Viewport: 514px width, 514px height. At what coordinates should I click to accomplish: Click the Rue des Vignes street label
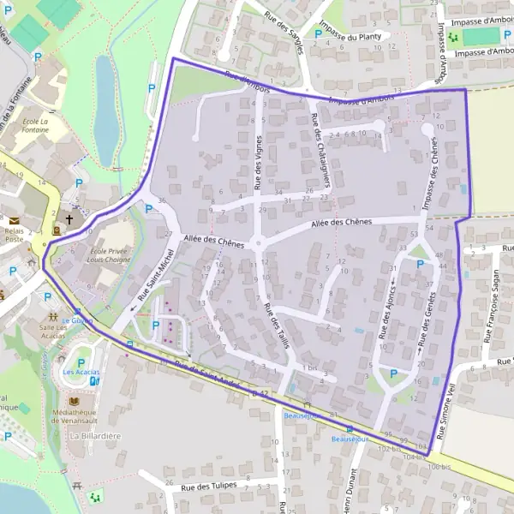[x=258, y=162]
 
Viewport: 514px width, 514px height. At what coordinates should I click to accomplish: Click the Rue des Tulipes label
[x=210, y=487]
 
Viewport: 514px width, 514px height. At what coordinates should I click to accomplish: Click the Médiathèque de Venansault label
[x=97, y=417]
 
